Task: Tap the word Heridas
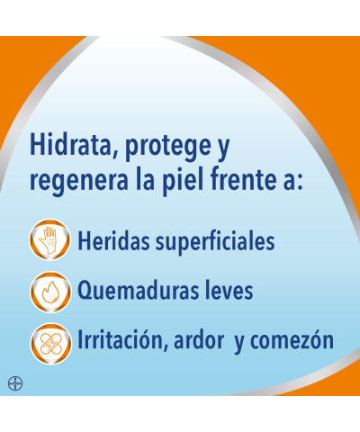coord(113,240)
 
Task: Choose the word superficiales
coord(215,242)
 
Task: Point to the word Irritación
coord(122,339)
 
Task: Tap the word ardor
coord(199,339)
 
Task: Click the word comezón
coord(292,339)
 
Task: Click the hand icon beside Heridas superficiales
coord(50,240)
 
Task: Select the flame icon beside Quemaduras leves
coord(50,292)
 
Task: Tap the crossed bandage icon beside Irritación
coord(50,344)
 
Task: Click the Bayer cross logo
coord(15,383)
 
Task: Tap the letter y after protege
coord(222,149)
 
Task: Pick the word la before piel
coord(145,179)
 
